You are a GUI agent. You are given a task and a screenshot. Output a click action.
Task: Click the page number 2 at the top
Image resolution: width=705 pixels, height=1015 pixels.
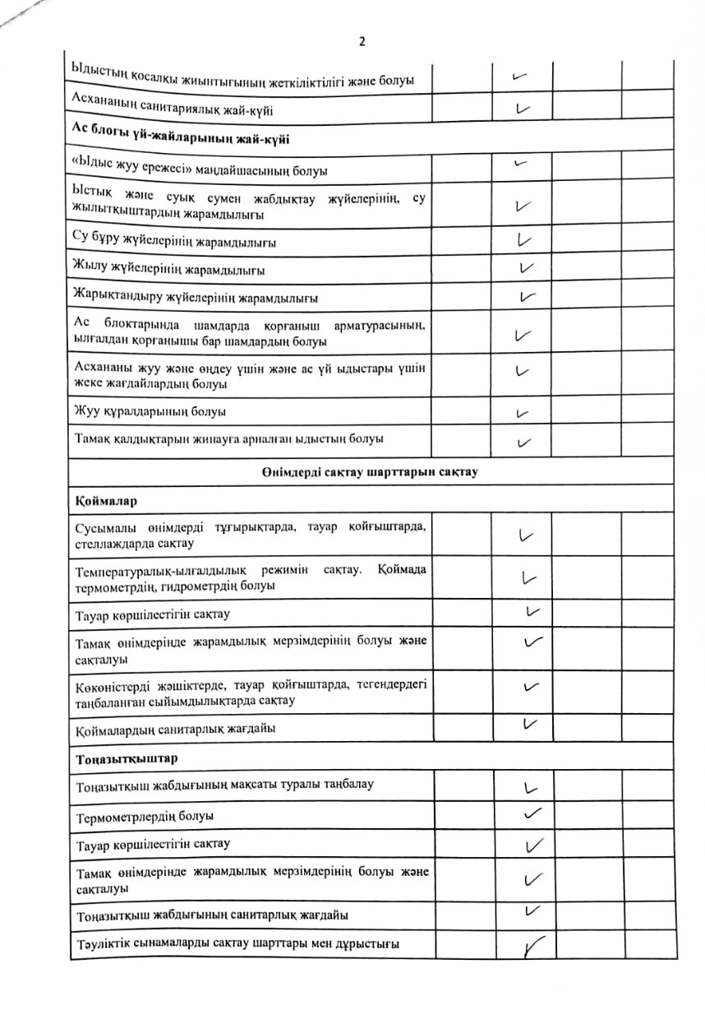click(362, 43)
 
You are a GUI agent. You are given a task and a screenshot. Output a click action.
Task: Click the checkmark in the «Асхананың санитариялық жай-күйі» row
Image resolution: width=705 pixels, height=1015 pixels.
click(522, 108)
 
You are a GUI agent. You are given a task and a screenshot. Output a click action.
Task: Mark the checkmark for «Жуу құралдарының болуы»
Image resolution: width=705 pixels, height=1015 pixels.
click(522, 412)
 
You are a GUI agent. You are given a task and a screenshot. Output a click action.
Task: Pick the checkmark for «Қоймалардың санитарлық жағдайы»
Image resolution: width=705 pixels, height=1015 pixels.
click(530, 724)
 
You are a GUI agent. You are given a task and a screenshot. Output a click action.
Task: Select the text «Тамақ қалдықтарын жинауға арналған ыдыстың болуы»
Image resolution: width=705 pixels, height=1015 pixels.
click(229, 438)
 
